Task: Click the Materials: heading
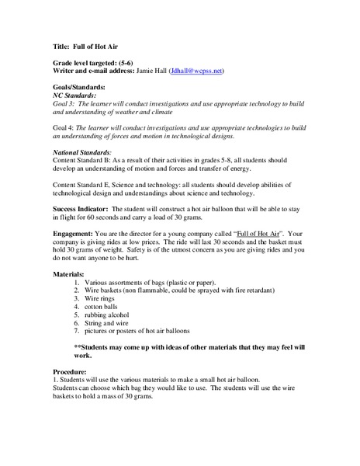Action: pos(73,276)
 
